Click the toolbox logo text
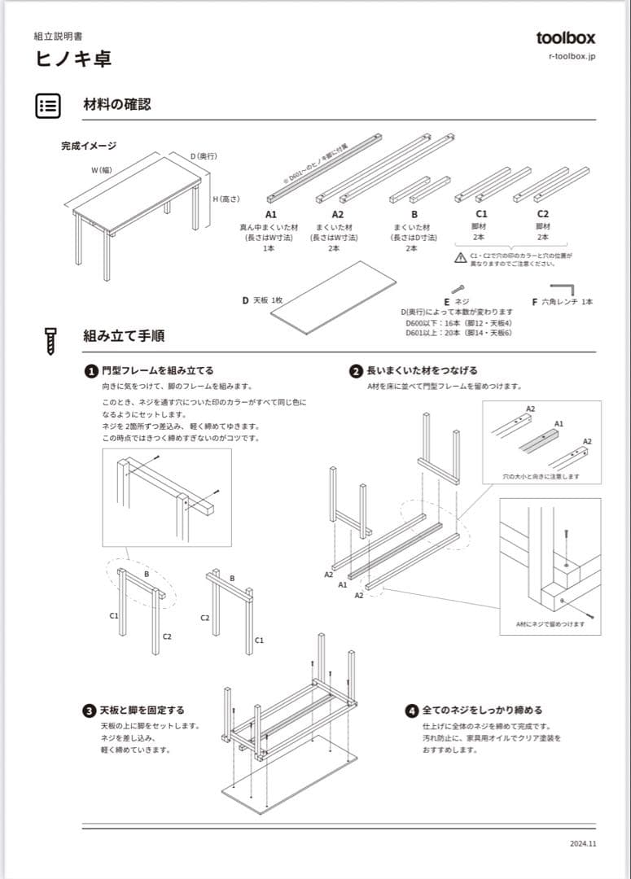pyautogui.click(x=565, y=37)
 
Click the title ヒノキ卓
pyautogui.click(x=73, y=59)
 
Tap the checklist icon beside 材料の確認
pyautogui.click(x=48, y=105)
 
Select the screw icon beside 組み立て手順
pyautogui.click(x=49, y=340)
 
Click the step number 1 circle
pyautogui.click(x=92, y=370)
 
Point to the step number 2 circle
pyautogui.click(x=356, y=370)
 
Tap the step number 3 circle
pyautogui.click(x=90, y=711)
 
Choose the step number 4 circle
pyautogui.click(x=412, y=711)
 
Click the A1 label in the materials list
pyautogui.click(x=271, y=214)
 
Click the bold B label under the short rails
pyautogui.click(x=414, y=214)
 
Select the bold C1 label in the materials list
pyautogui.click(x=481, y=214)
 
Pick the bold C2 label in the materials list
pyautogui.click(x=543, y=214)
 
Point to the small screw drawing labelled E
pyautogui.click(x=458, y=289)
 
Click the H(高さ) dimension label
pyautogui.click(x=226, y=199)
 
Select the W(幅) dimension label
pyautogui.click(x=101, y=169)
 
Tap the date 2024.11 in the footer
pyautogui.click(x=583, y=844)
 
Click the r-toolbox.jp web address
pyautogui.click(x=572, y=57)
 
